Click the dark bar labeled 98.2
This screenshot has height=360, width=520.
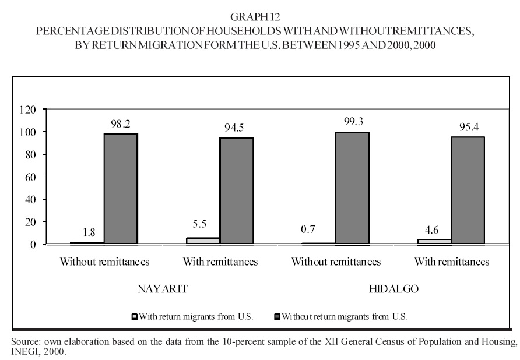click(121, 189)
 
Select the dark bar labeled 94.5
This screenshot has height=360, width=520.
click(236, 190)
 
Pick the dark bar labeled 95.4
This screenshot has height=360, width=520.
click(468, 190)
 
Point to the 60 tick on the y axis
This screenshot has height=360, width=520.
click(31, 177)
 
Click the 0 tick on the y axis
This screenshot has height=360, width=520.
click(34, 245)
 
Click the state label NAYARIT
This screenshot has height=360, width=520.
click(163, 288)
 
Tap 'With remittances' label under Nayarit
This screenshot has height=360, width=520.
click(220, 262)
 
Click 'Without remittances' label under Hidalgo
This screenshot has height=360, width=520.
click(336, 262)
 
